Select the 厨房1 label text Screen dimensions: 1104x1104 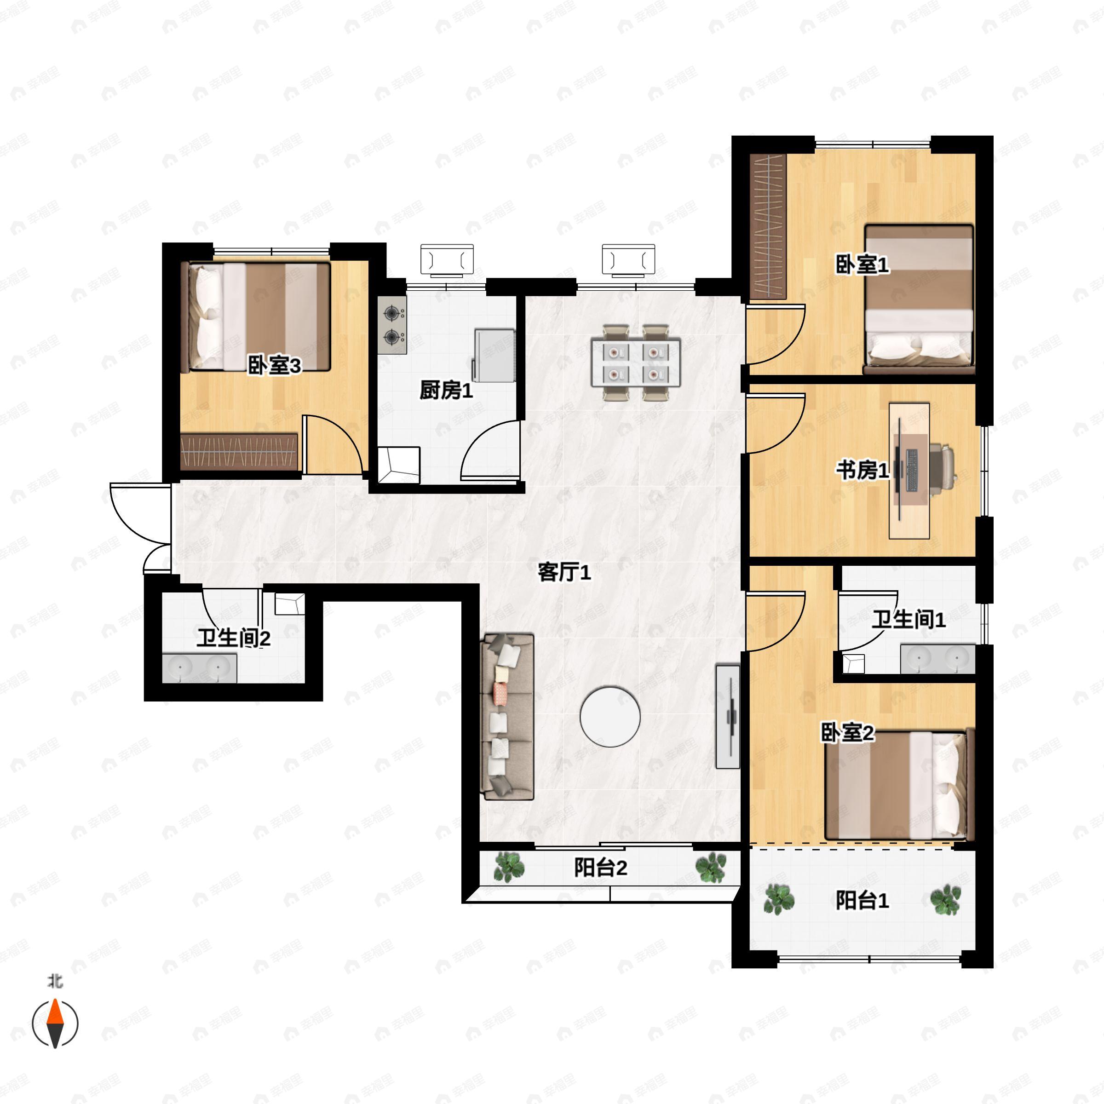pos(446,391)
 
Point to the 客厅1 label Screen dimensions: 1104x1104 pos(564,572)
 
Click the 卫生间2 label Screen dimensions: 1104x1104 pos(234,638)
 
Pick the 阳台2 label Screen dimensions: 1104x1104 pos(601,868)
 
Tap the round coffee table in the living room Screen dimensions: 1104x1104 pos(610,717)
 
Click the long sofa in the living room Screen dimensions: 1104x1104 pos(508,717)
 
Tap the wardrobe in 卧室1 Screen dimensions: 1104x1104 pos(768,226)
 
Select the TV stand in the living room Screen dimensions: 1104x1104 pos(728,717)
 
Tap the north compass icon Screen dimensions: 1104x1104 pos(55,1023)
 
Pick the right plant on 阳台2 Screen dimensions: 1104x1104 pos(711,868)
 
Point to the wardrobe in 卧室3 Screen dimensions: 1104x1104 pos(239,451)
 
